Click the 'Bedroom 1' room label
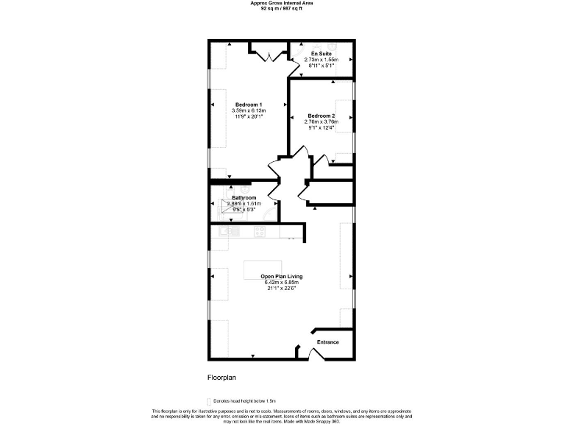click(249, 104)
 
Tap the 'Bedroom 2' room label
click(321, 116)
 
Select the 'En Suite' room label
click(321, 54)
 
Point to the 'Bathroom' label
click(244, 197)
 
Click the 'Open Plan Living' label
click(282, 277)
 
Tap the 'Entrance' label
click(327, 342)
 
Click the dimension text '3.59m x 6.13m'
click(249, 110)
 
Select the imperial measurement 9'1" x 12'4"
click(321, 127)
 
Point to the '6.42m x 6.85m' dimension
click(282, 283)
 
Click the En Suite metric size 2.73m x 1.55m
click(321, 60)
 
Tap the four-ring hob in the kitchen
click(260, 231)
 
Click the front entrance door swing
click(314, 354)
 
